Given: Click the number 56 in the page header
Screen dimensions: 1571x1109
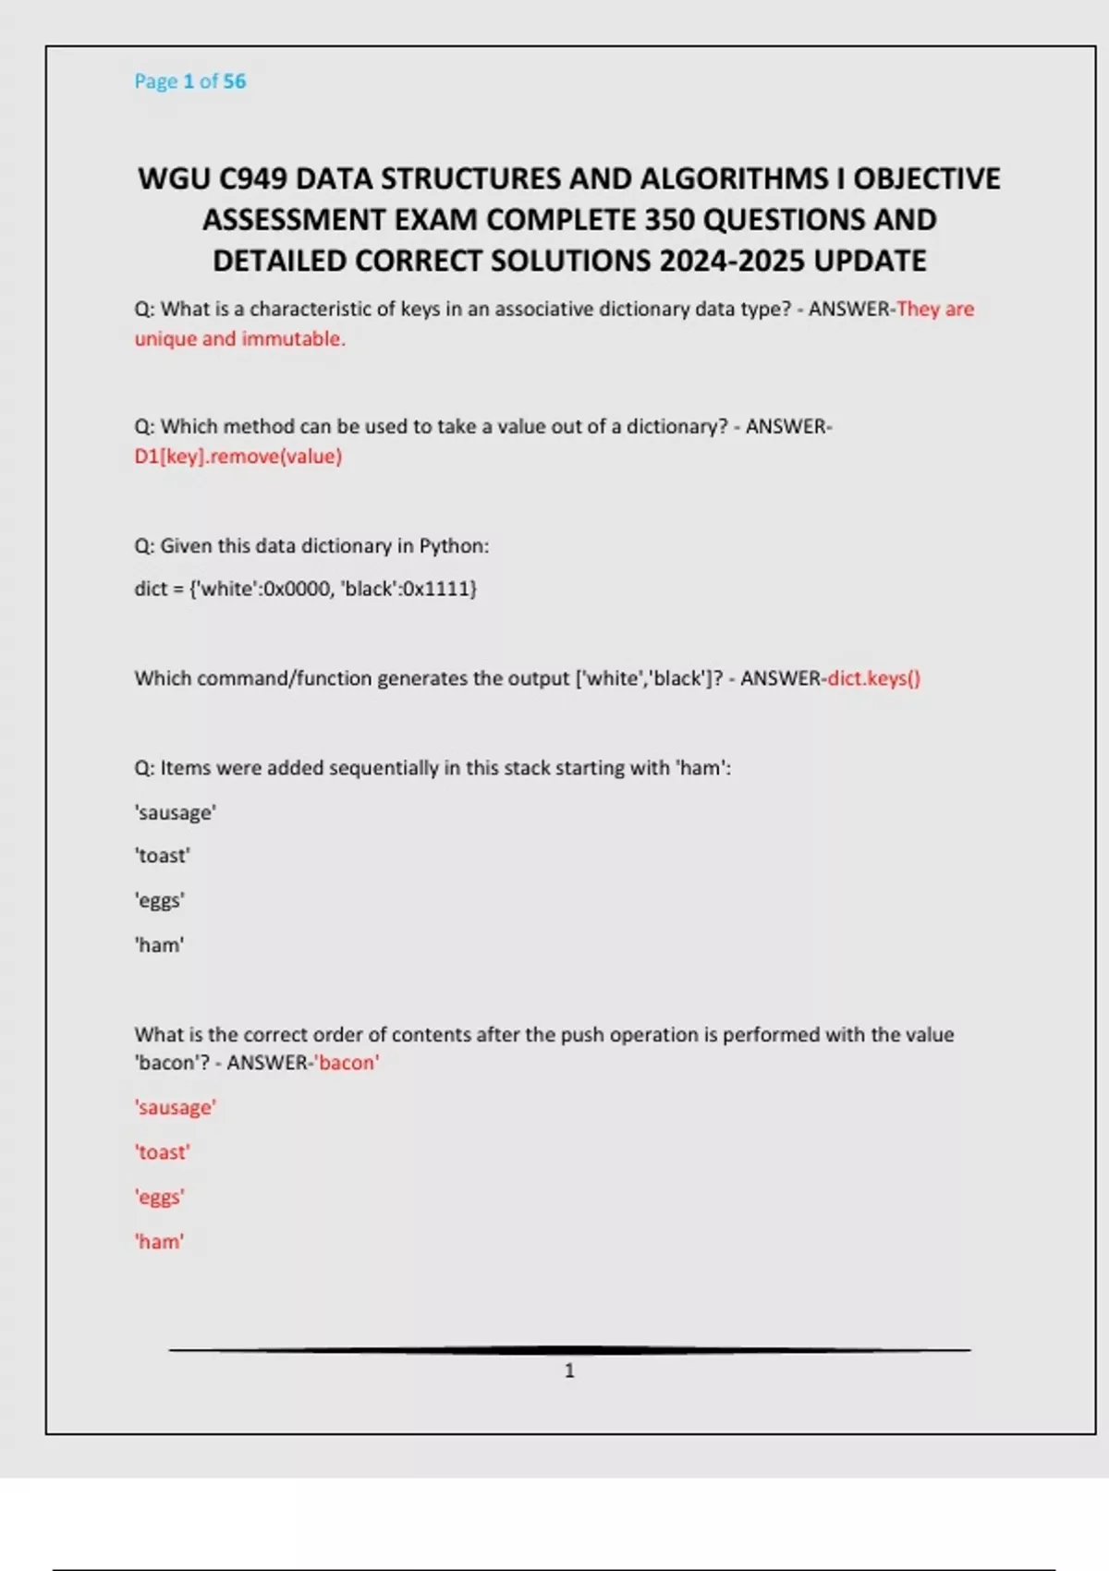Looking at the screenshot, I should [x=235, y=81].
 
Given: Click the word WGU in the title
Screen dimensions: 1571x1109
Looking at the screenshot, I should [x=173, y=178].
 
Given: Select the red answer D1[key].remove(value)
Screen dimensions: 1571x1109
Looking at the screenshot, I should [x=238, y=457].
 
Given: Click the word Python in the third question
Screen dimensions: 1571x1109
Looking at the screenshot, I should [x=452, y=546].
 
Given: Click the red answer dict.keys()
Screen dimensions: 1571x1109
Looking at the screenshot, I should [x=873, y=678].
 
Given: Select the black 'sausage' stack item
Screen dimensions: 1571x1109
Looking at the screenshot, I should [x=176, y=812].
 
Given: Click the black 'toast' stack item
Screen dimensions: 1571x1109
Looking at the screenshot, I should [x=163, y=856].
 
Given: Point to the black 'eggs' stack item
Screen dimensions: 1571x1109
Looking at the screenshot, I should [x=160, y=900].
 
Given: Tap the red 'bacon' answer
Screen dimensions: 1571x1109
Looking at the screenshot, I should [x=347, y=1063].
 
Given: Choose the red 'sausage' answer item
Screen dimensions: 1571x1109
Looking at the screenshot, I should [x=176, y=1107].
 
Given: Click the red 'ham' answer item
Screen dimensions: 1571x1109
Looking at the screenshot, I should [x=160, y=1242].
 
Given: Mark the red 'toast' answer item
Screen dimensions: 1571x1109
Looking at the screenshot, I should [x=163, y=1152].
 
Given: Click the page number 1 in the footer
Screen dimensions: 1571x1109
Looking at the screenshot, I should [x=569, y=1370].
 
